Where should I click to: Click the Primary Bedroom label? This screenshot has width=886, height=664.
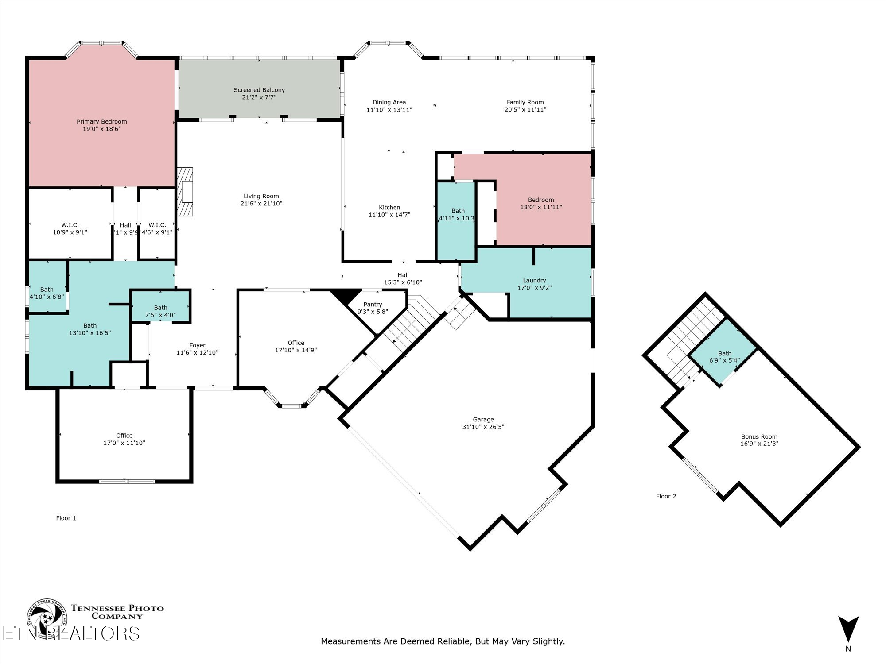pos(101,122)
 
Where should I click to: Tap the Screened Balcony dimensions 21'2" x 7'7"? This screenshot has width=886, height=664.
pos(259,97)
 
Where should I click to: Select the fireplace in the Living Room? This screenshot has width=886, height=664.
pos(185,192)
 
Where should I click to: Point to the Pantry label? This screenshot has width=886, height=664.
pos(373,305)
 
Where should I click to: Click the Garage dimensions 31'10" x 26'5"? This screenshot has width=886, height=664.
pos(483,427)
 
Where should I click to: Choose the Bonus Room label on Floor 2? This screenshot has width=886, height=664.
pos(759,437)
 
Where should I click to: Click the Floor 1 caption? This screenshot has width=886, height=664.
pos(66,518)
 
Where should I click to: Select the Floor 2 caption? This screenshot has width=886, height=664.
pos(666,497)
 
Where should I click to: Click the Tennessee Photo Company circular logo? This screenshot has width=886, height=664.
pos(47,620)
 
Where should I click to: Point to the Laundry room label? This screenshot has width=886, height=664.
pos(534,281)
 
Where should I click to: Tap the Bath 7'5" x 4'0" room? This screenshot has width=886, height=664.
pos(160,311)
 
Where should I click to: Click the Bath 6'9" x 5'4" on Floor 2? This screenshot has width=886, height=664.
pos(724,357)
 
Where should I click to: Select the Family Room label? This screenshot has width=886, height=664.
pos(525,102)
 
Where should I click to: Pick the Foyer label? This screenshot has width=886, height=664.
pos(197,346)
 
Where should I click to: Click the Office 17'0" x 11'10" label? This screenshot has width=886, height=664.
pos(124,436)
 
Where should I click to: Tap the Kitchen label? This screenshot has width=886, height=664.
pos(389,208)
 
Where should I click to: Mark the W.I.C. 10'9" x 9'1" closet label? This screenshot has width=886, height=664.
pos(70,225)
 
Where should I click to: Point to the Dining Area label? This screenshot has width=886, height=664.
pos(389,102)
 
